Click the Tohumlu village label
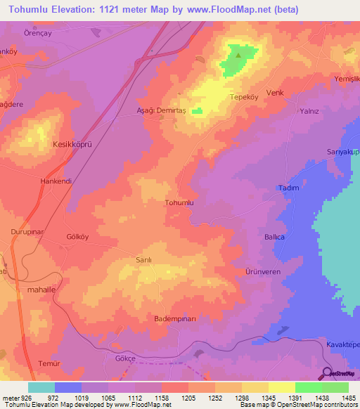(179, 202)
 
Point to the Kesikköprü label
(73, 143)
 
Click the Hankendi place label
(56, 180)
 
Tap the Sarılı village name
(143, 259)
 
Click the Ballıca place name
(274, 238)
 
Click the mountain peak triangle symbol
(238, 54)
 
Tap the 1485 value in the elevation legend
(345, 397)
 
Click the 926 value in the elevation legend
(27, 397)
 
